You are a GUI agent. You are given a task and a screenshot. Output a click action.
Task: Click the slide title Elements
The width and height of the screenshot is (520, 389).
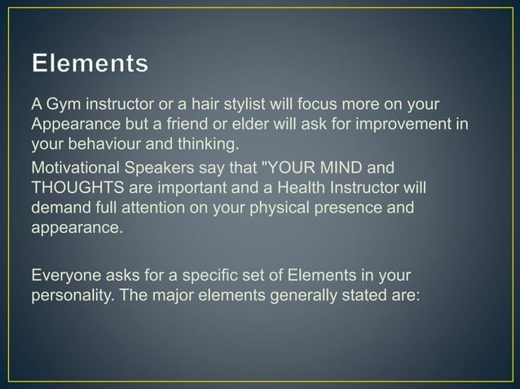[x=90, y=64]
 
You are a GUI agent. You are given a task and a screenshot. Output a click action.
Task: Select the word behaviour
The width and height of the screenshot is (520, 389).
[x=97, y=146]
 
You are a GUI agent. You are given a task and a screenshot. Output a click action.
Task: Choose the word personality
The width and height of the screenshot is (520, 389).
[x=69, y=295]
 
